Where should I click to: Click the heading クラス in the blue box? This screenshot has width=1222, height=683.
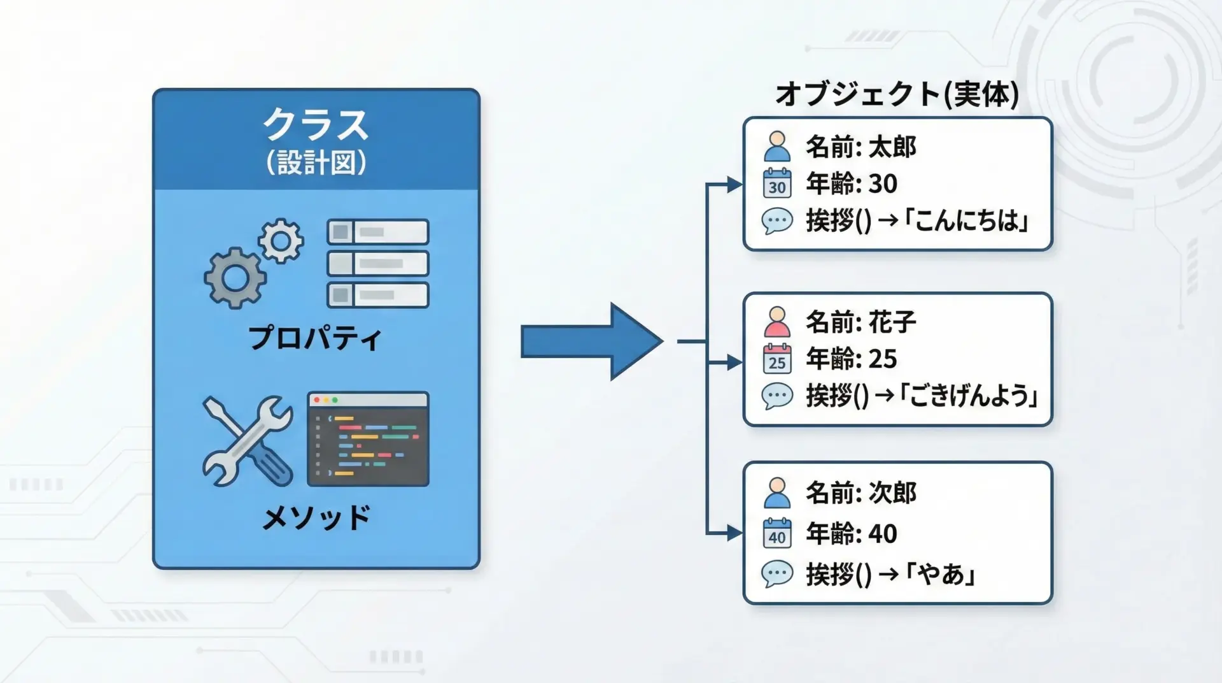pyautogui.click(x=316, y=125)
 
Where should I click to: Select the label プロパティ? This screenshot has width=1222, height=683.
pyautogui.click(x=315, y=338)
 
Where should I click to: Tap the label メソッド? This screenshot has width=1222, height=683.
pyautogui.click(x=316, y=517)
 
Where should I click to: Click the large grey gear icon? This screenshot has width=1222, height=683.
pyautogui.click(x=235, y=278)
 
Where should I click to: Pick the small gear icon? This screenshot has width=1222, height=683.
pyautogui.click(x=281, y=241)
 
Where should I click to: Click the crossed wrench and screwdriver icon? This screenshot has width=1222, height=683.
pyautogui.click(x=248, y=441)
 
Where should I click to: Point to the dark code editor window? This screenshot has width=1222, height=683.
pyautogui.click(x=368, y=439)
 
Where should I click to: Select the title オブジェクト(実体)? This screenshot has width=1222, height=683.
pyautogui.click(x=897, y=94)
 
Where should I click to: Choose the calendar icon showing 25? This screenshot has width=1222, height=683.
pyautogui.click(x=777, y=359)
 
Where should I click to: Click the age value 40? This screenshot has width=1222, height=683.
pyautogui.click(x=883, y=534)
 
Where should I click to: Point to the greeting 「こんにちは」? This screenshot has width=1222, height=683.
pyautogui.click(x=967, y=221)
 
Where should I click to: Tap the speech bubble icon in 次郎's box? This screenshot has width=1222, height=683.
pyautogui.click(x=777, y=574)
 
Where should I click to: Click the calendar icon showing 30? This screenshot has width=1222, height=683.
pyautogui.click(x=777, y=183)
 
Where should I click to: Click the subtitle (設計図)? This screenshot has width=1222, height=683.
pyautogui.click(x=316, y=162)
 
